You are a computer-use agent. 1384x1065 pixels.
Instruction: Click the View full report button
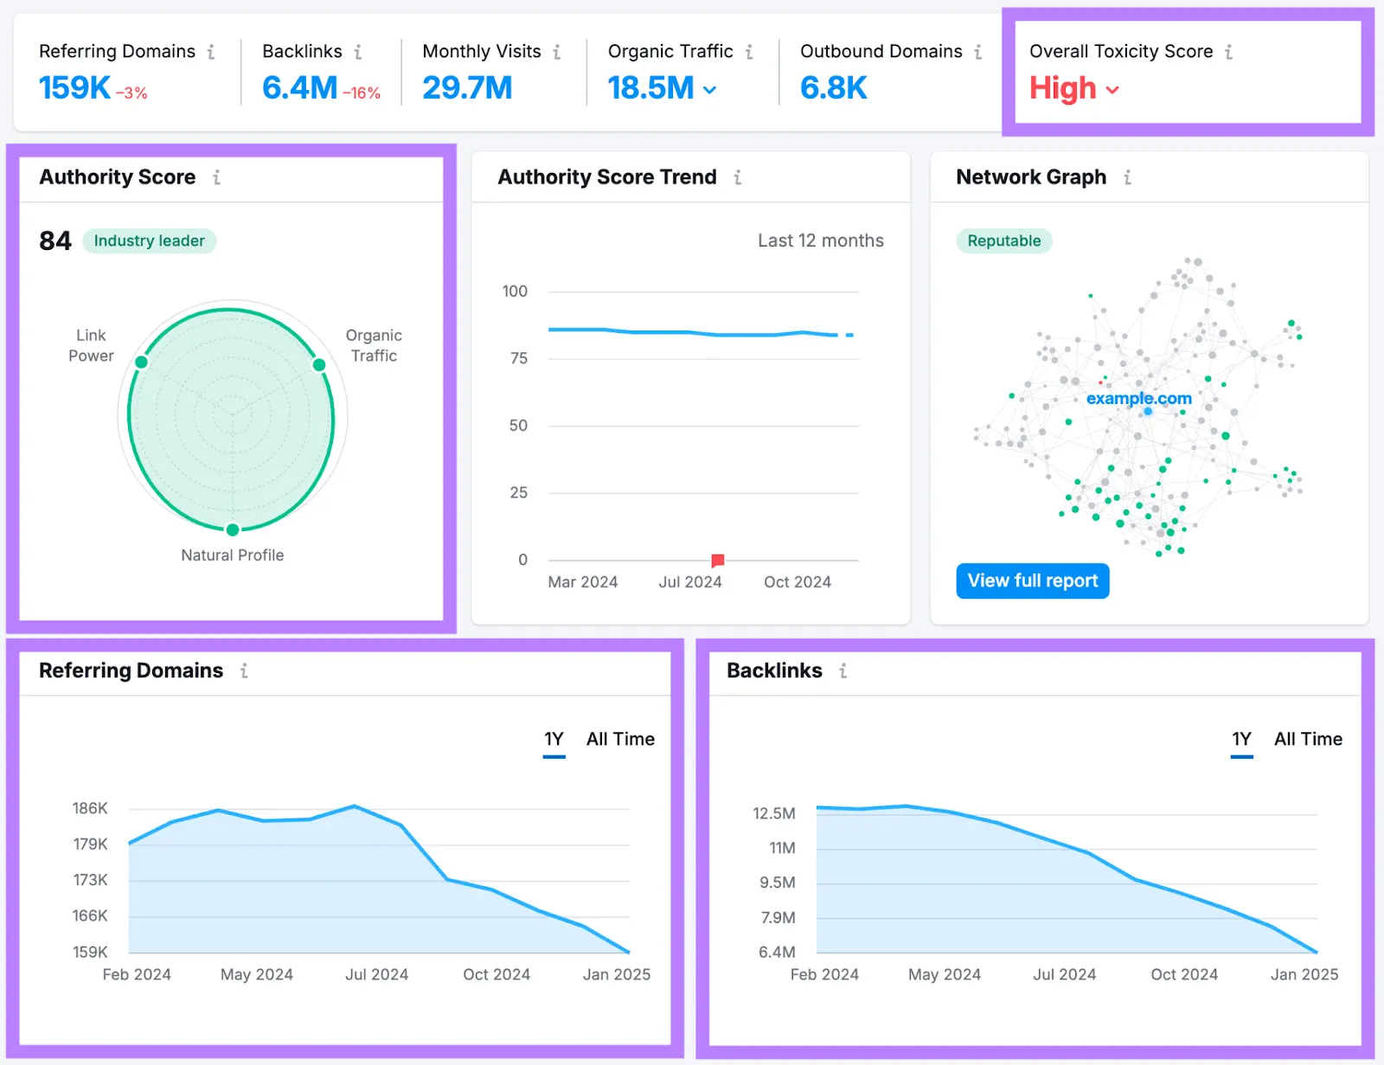coord(1032,581)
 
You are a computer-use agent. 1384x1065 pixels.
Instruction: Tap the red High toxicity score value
coord(1063,88)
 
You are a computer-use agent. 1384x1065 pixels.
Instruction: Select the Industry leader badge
coord(149,241)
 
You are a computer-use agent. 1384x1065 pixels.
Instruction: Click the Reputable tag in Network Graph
coord(1003,241)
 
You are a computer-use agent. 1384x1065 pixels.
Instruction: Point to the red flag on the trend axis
coord(717,561)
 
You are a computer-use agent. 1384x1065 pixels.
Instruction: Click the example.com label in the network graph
coord(1138,398)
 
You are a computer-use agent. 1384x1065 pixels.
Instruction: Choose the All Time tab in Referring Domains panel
coord(620,739)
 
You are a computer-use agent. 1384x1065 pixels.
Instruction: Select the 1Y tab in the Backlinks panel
coord(1241,739)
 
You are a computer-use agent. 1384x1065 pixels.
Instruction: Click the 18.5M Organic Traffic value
coord(650,87)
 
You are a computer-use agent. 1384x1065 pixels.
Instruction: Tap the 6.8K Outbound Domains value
coord(833,87)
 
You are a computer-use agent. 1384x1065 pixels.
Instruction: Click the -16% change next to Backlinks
coord(362,93)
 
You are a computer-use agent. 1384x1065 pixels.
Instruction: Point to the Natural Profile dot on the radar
coord(233,529)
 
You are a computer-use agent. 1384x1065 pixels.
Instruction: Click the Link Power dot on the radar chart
coord(142,362)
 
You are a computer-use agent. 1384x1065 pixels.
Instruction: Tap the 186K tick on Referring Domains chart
coord(90,808)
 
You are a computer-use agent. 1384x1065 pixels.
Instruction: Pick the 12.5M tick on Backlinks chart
coord(773,813)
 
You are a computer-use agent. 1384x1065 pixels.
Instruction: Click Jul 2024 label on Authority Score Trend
coord(689,582)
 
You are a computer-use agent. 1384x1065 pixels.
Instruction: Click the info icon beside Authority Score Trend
coord(737,177)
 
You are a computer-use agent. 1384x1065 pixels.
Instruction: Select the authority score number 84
coord(55,241)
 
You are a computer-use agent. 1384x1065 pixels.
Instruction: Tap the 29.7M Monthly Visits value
coord(467,87)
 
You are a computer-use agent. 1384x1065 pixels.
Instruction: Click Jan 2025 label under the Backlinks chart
coord(1304,974)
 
